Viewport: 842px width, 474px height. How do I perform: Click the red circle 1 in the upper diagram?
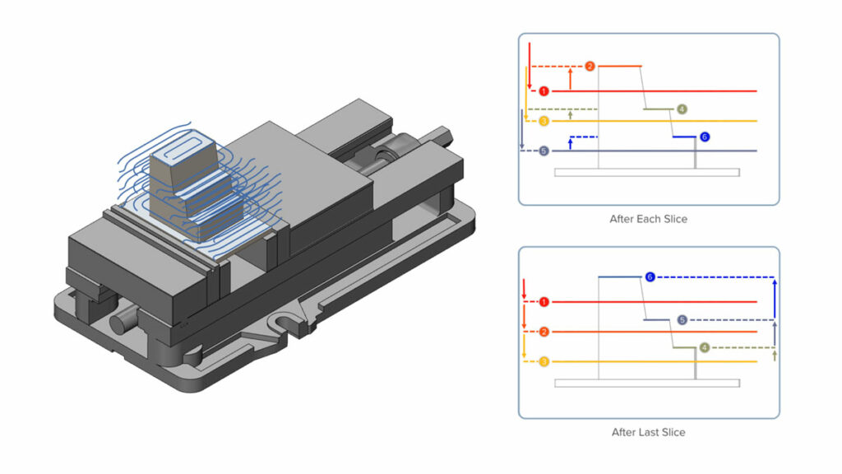pyautogui.click(x=544, y=91)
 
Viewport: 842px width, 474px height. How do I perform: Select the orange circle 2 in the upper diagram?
pyautogui.click(x=590, y=66)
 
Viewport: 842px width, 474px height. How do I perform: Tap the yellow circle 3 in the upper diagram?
pyautogui.click(x=544, y=122)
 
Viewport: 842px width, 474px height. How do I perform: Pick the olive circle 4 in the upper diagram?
pyautogui.click(x=682, y=109)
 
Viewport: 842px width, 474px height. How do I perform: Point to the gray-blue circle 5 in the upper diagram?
pyautogui.click(x=544, y=151)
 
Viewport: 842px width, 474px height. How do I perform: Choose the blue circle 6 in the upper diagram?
pyautogui.click(x=704, y=137)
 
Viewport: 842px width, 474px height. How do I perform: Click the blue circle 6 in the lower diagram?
pyautogui.click(x=650, y=277)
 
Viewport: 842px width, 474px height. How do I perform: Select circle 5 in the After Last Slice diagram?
pyautogui.click(x=682, y=319)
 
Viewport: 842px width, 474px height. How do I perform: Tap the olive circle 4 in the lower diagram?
pyautogui.click(x=704, y=348)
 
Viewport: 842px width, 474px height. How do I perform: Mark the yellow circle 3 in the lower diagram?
pyautogui.click(x=544, y=362)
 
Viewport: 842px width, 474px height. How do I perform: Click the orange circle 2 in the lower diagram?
pyautogui.click(x=544, y=332)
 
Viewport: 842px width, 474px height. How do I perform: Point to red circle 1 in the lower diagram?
pyautogui.click(x=544, y=302)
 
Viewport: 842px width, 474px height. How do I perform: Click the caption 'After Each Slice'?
pyautogui.click(x=648, y=219)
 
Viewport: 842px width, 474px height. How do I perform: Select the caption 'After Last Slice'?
pyautogui.click(x=648, y=432)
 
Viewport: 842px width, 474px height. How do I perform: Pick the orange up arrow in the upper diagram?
pyautogui.click(x=570, y=79)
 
